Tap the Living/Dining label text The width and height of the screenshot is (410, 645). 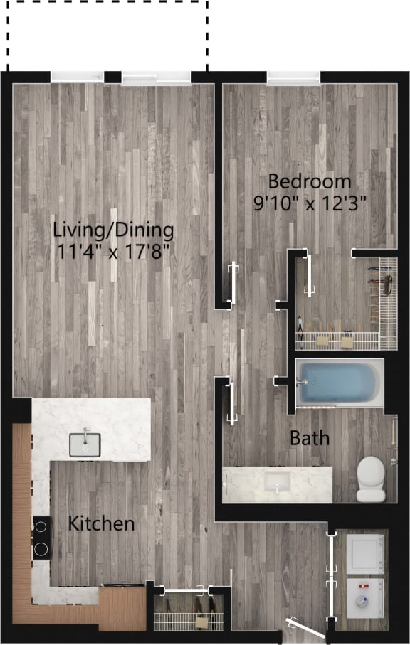(114, 230)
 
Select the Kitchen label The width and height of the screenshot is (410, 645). (101, 524)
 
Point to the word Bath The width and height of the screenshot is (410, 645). (310, 438)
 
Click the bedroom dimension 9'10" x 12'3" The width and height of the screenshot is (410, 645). (310, 203)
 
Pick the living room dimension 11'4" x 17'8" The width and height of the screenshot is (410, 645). (114, 252)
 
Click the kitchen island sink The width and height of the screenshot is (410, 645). (85, 444)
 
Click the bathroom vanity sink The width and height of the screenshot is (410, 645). (276, 483)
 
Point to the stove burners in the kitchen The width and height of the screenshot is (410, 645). (42, 538)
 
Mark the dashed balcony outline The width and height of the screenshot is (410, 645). (107, 32)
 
